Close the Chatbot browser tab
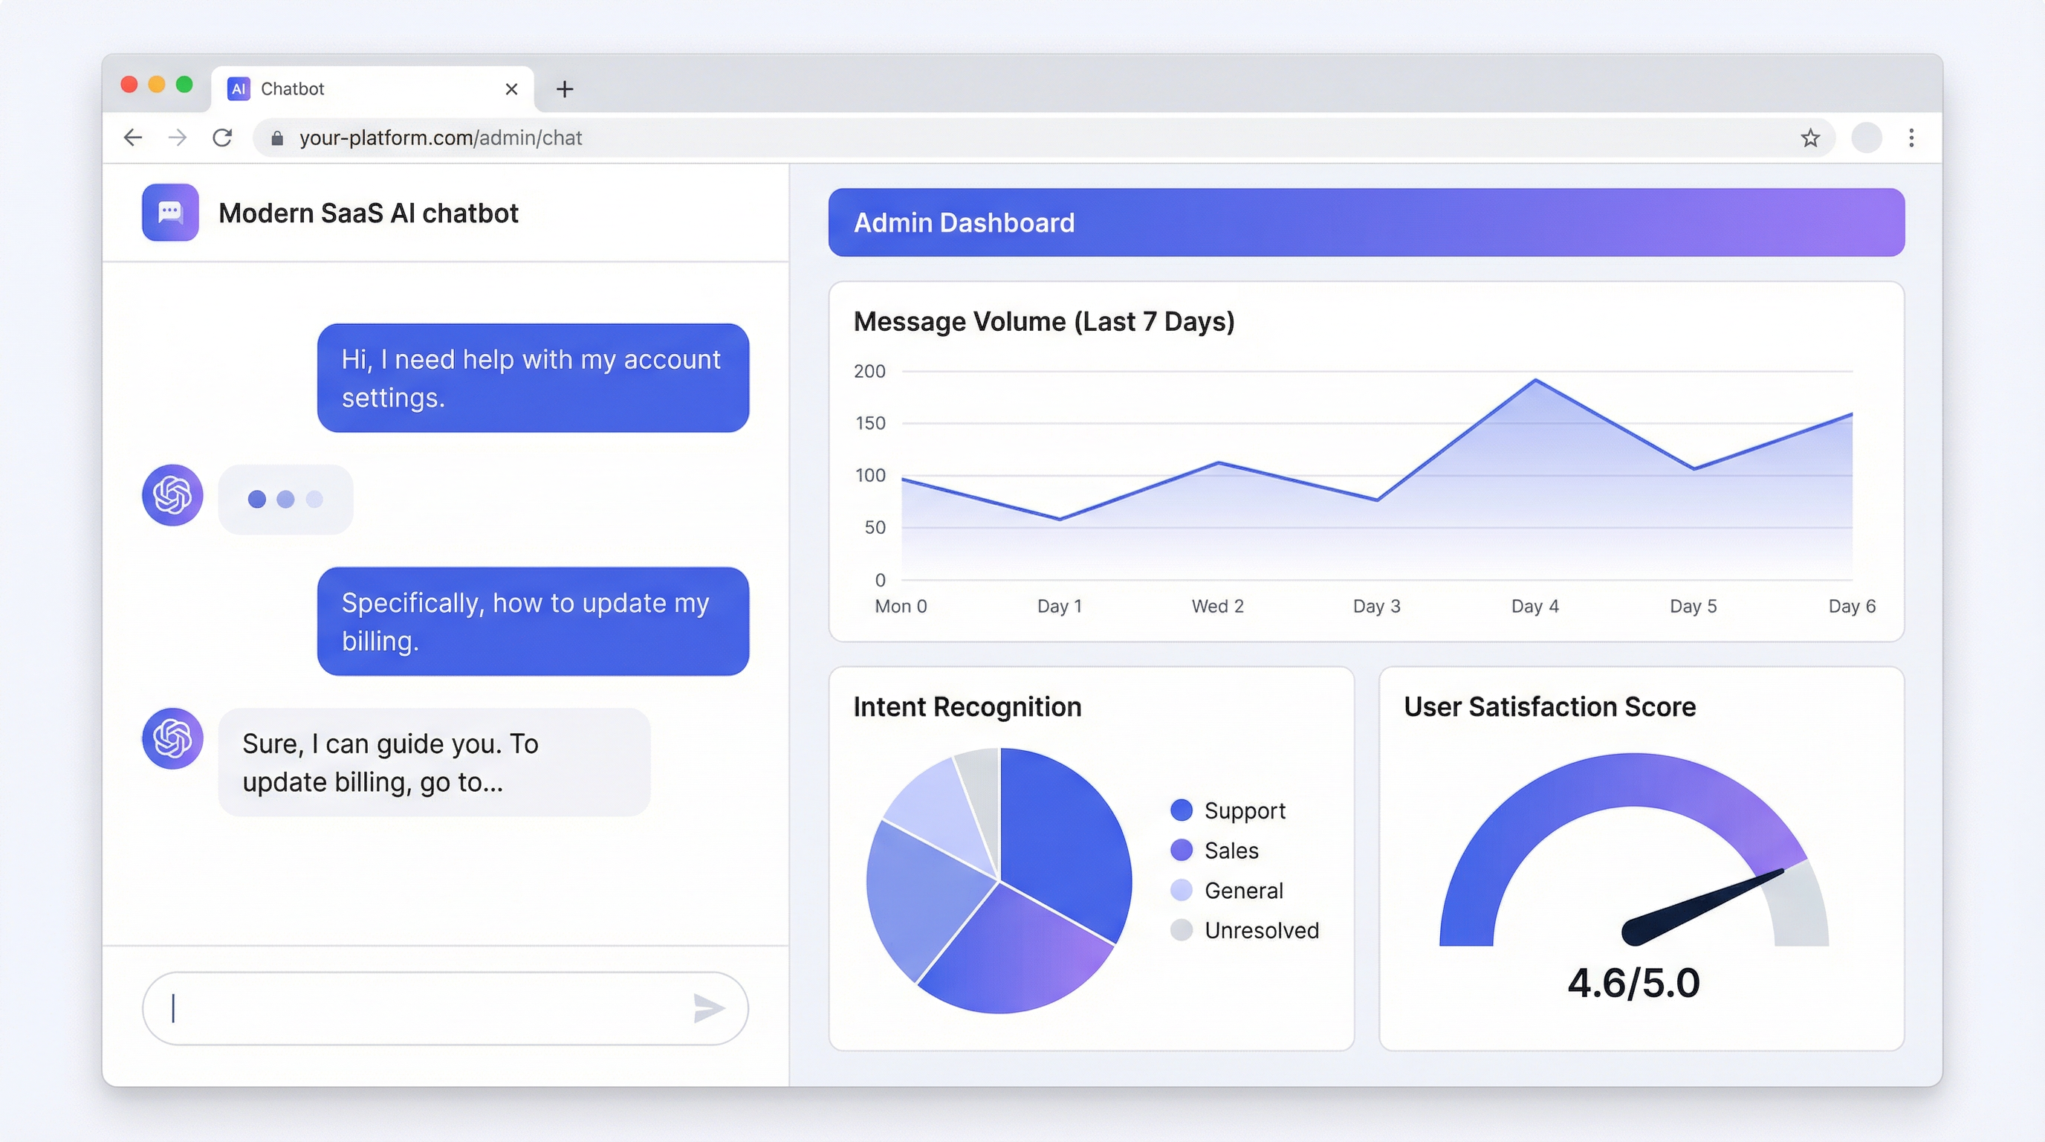511,89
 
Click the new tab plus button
565,89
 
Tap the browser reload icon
222,138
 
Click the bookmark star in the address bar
1810,138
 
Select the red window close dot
129,84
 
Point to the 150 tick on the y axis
869,423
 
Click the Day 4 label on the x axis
1534,606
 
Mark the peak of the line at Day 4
1535,381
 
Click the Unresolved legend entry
1260,930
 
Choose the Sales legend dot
1182,851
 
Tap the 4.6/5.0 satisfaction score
1633,983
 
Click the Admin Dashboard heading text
964,222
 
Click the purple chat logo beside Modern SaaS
170,212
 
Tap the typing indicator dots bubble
285,499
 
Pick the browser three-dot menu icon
1910,138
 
